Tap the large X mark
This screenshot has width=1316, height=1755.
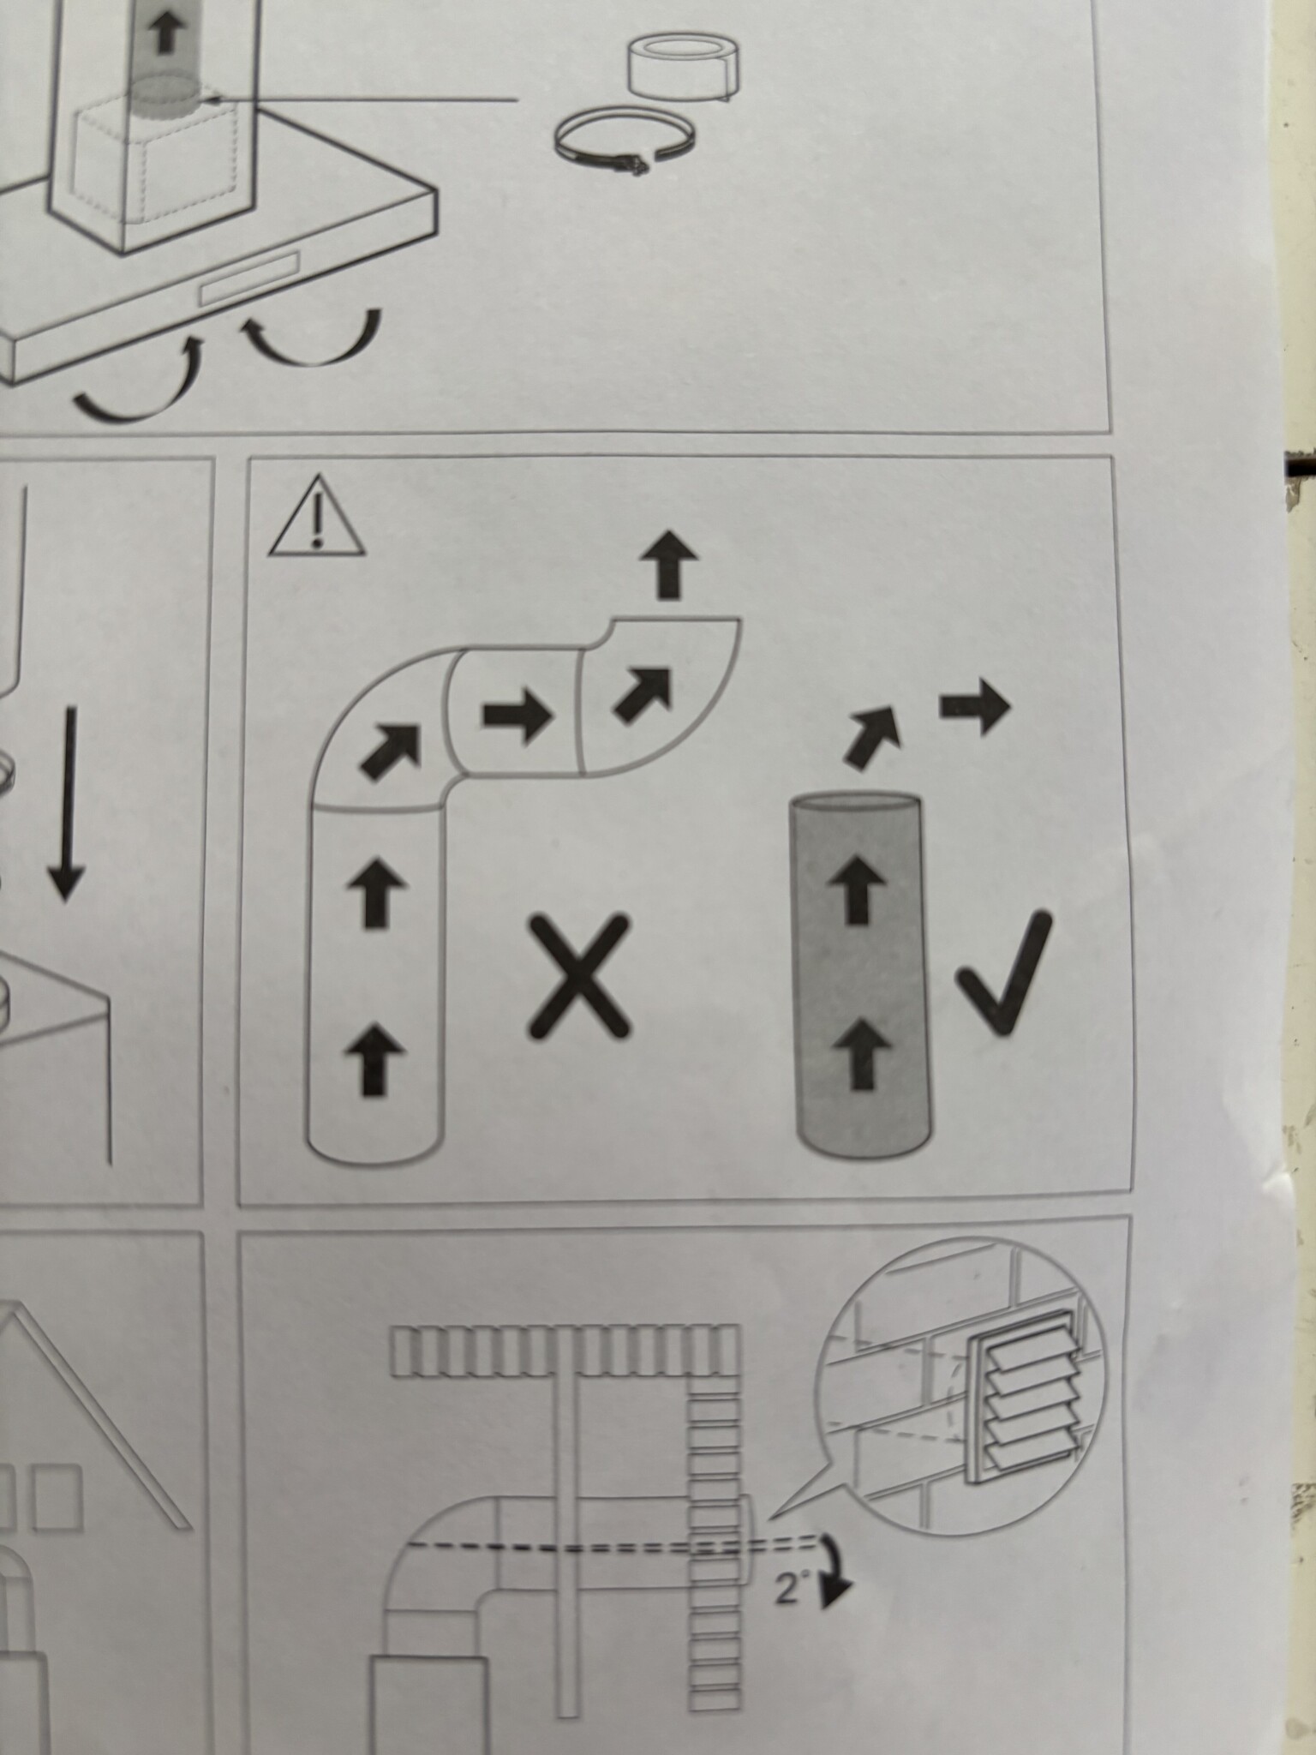click(x=578, y=977)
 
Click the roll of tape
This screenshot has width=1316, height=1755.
click(x=683, y=66)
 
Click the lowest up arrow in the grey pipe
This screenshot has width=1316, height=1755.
click(x=861, y=1056)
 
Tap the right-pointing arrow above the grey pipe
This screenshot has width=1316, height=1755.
click(x=976, y=707)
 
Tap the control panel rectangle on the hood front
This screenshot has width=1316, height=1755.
click(x=249, y=277)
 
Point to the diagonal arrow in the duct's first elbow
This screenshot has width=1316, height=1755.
click(x=391, y=752)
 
